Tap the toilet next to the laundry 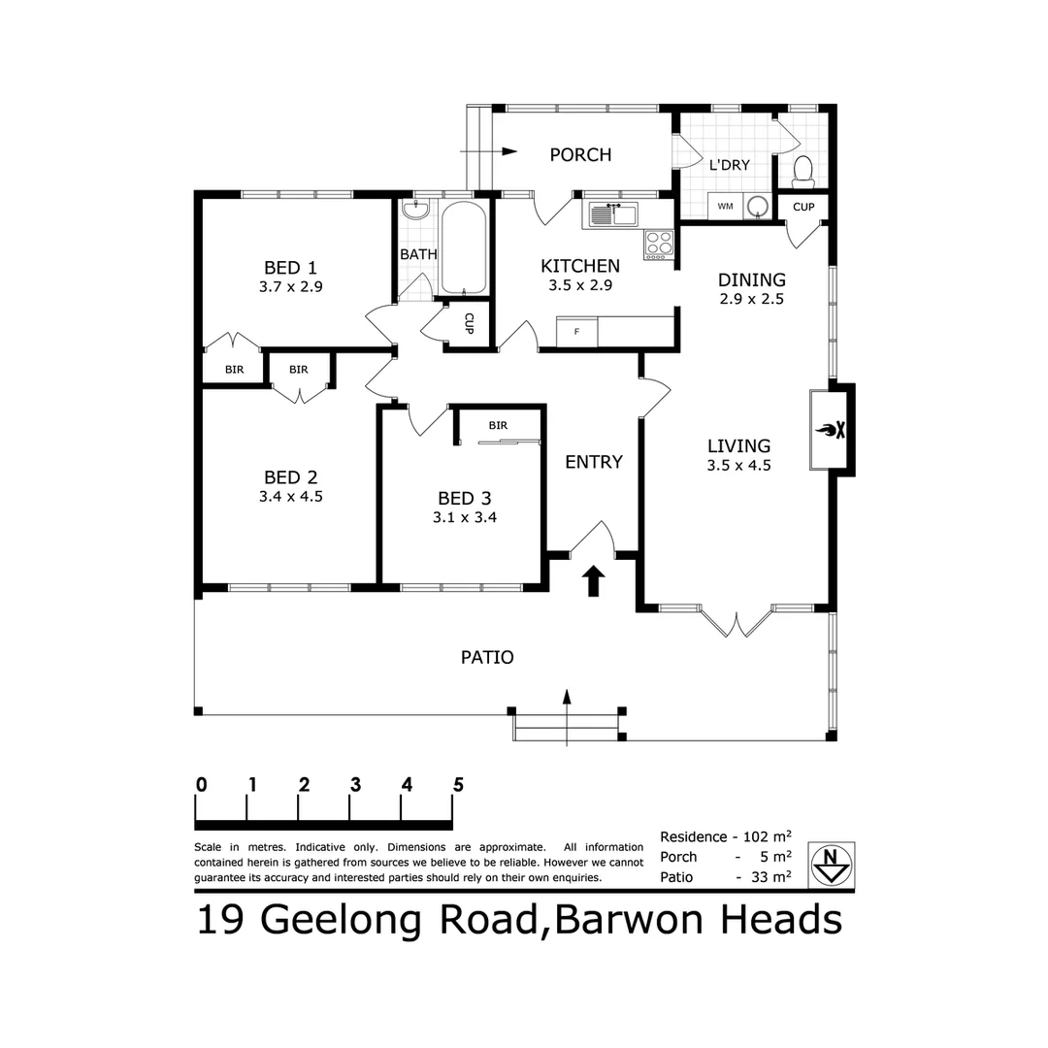(802, 171)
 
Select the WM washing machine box (725, 206)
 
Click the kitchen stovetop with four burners (659, 244)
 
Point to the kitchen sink (610, 213)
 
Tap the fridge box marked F (577, 332)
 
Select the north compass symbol (831, 863)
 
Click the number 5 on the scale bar (457, 785)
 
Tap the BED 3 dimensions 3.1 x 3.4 (465, 517)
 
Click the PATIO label (487, 657)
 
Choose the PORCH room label (580, 154)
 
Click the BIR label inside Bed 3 (498, 425)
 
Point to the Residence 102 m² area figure (725, 836)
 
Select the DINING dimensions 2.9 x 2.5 (751, 299)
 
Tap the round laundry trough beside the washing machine (757, 206)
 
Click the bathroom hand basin (420, 210)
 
